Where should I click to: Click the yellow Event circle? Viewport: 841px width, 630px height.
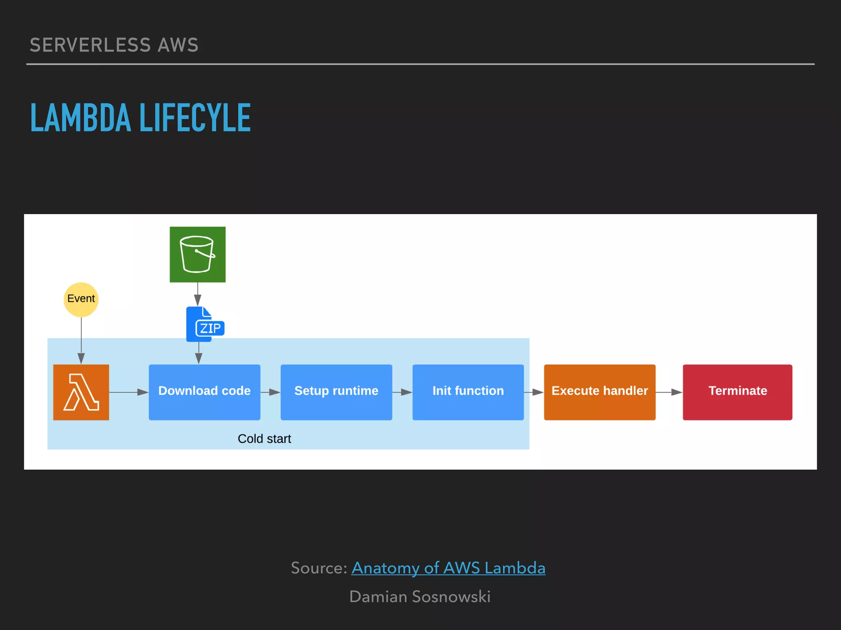point(81,299)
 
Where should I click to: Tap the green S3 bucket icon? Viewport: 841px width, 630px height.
point(198,254)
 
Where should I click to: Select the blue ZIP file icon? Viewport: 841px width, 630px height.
point(205,324)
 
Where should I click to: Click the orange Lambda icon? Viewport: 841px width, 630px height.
point(81,392)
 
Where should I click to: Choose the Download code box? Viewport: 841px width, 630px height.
point(205,392)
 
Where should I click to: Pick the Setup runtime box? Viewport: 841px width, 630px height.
point(336,392)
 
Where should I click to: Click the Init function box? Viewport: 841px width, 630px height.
point(468,392)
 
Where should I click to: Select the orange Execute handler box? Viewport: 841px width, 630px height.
point(600,392)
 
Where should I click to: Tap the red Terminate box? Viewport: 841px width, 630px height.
point(738,392)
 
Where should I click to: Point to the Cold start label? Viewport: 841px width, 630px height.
point(264,438)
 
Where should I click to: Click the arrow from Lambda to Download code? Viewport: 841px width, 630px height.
point(129,392)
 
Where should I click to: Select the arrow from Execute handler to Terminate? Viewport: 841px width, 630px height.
point(669,392)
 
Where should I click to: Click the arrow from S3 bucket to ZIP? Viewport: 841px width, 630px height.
point(198,294)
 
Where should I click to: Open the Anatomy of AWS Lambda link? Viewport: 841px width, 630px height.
point(448,568)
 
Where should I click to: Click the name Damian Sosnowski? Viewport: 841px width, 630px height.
point(420,597)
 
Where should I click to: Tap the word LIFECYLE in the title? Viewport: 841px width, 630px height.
point(195,118)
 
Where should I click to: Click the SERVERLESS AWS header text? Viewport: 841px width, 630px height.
point(114,45)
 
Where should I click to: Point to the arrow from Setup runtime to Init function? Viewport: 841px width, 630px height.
point(402,392)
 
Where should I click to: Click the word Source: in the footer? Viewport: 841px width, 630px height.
point(319,568)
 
